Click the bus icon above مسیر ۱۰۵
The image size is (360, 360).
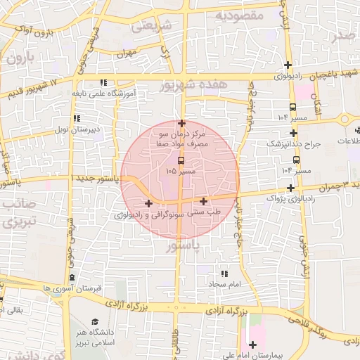181,160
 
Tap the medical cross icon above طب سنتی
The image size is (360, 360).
204,201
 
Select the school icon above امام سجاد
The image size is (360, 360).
224,274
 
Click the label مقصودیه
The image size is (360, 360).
239,14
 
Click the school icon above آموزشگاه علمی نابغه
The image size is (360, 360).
103,82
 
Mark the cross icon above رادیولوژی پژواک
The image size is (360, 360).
290,188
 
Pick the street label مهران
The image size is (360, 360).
126,53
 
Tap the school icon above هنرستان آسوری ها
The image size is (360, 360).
72,278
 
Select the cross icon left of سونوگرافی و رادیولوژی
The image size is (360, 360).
148,203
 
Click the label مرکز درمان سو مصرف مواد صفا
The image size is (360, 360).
182,139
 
